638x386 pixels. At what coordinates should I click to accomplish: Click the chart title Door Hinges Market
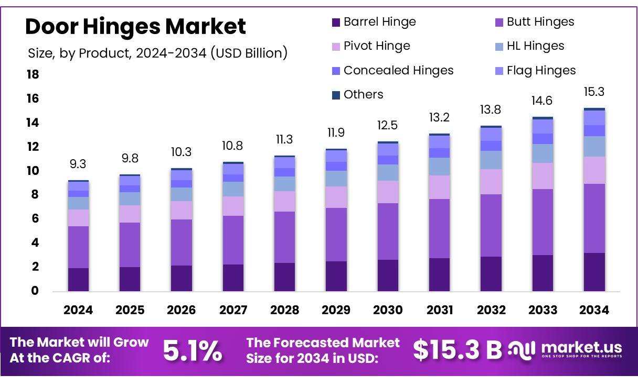click(x=135, y=26)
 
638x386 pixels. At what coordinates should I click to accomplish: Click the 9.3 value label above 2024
click(x=78, y=164)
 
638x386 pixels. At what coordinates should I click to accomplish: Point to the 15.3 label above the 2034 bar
click(x=594, y=92)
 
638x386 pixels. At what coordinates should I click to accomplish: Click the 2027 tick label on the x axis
click(x=233, y=310)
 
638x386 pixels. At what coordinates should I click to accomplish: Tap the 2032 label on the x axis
click(x=491, y=310)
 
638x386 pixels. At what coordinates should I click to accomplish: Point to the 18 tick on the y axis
click(x=33, y=75)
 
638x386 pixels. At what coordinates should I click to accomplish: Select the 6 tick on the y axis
click(x=35, y=219)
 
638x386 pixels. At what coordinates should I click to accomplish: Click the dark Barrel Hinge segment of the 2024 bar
click(x=78, y=280)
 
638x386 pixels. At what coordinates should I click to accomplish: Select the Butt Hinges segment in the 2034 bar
click(x=594, y=218)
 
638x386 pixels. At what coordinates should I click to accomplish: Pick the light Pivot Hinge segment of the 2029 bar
click(x=336, y=197)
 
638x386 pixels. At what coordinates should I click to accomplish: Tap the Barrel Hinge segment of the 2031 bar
click(x=439, y=274)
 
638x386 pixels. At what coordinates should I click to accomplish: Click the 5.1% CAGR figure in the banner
click(x=192, y=351)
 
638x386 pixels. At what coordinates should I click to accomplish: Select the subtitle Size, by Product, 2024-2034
click(x=157, y=53)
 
